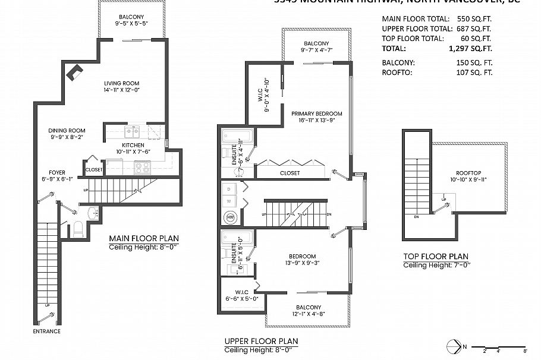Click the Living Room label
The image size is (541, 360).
121,83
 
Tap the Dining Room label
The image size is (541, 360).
67,131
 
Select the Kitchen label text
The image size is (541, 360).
133,146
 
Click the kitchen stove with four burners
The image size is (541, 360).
142,168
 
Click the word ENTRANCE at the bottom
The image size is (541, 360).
46,331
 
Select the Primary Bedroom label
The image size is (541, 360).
317,113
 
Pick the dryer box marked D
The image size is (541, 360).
228,188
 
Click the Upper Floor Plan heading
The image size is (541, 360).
261,341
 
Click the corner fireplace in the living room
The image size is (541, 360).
75,72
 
